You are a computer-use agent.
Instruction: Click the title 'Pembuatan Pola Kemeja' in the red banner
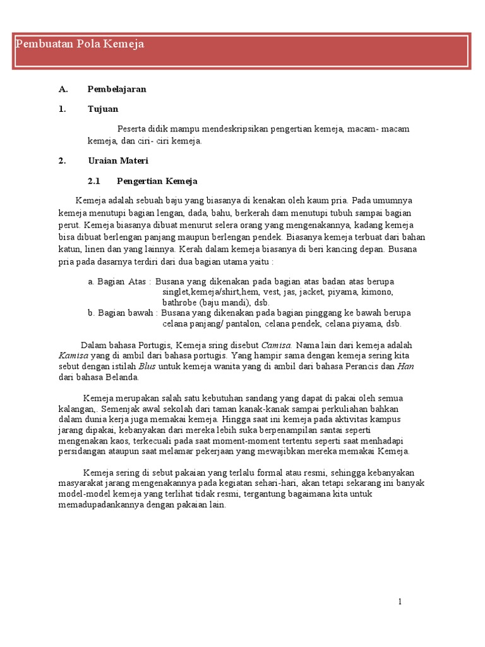click(x=80, y=44)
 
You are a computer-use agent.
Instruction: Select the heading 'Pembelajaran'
click(x=117, y=89)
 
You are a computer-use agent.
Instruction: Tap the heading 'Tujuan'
click(x=103, y=109)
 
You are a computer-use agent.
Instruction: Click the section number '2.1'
click(x=94, y=181)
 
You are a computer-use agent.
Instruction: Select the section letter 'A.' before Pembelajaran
click(x=63, y=89)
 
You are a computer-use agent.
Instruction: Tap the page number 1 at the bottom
click(x=400, y=602)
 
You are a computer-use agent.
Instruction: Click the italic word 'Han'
click(x=405, y=366)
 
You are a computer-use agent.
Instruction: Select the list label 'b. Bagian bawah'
click(x=123, y=313)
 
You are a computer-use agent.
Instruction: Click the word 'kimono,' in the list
click(x=377, y=292)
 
